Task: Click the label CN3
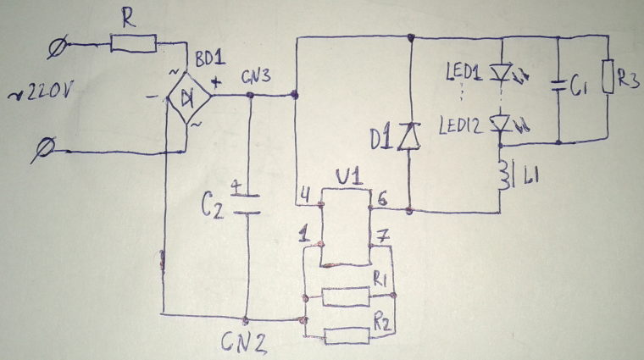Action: point(256,77)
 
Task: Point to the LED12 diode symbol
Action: point(503,125)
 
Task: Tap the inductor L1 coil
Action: point(506,175)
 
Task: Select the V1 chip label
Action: point(347,179)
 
